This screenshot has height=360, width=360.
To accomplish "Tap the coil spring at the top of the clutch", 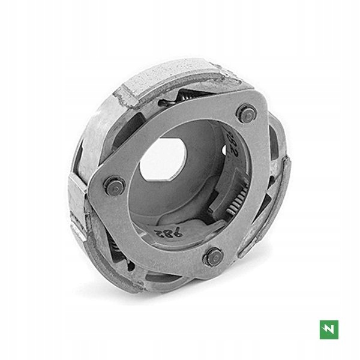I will coord(190,97).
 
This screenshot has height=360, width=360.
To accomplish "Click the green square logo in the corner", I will coord(329,329).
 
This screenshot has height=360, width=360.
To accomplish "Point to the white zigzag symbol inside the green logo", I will coord(329,329).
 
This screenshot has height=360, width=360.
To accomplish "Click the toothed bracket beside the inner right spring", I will coord(237,180).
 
